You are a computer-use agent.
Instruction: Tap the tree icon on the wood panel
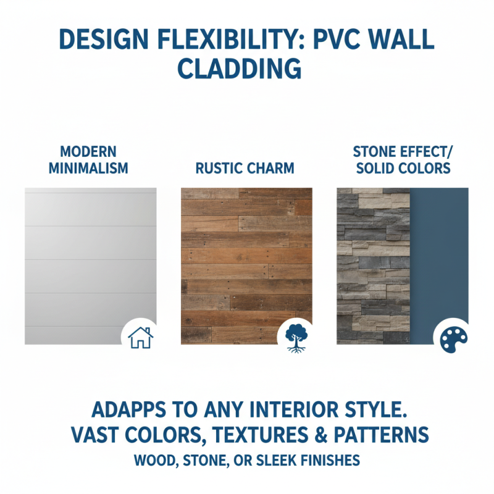click(295, 337)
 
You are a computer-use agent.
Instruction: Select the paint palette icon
click(451, 337)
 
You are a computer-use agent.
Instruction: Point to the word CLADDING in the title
click(247, 69)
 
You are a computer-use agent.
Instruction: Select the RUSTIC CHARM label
click(245, 167)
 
